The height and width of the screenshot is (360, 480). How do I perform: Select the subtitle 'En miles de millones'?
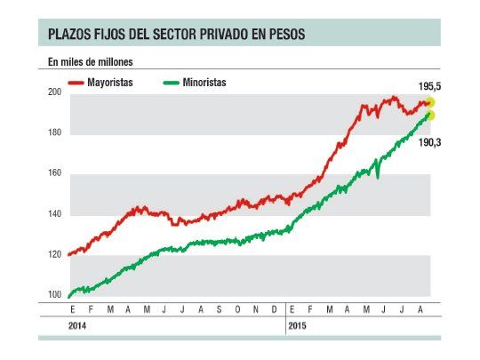coord(91,62)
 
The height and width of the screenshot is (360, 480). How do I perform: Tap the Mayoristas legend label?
coord(110,82)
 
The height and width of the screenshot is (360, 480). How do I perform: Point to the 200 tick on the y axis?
coord(54,92)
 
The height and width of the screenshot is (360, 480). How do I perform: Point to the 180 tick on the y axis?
coord(54,133)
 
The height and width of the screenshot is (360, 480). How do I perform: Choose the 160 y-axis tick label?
coord(54,173)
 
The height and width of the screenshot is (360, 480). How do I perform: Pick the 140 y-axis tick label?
coord(54,214)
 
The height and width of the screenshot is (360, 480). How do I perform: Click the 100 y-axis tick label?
coord(54,295)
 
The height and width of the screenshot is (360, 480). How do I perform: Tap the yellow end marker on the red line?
coord(431,103)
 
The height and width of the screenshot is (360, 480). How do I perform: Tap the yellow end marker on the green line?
coord(431,116)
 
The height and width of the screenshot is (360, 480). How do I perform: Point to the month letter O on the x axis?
coord(236,309)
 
